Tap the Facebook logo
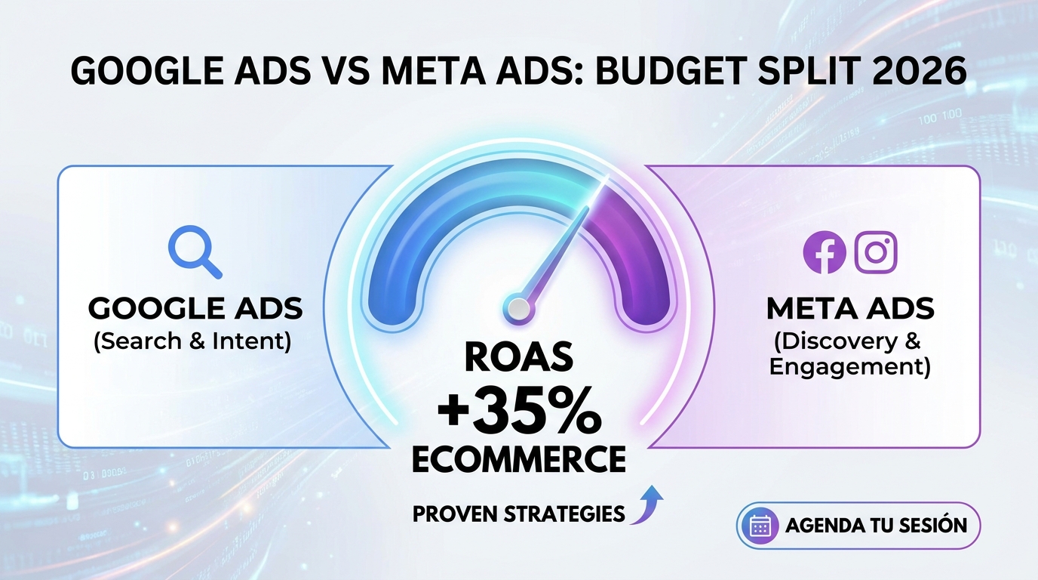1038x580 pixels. [x=825, y=252]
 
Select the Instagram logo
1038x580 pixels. [x=876, y=252]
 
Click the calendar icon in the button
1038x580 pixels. [x=760, y=526]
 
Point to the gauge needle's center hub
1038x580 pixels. [x=518, y=307]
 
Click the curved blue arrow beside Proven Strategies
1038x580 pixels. [x=647, y=504]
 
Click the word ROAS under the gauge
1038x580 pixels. [x=518, y=356]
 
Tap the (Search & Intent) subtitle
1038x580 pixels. [x=192, y=341]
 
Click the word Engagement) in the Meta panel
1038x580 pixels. [x=850, y=367]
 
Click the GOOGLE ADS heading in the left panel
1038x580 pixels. [x=195, y=308]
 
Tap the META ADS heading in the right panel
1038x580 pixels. [x=850, y=308]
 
